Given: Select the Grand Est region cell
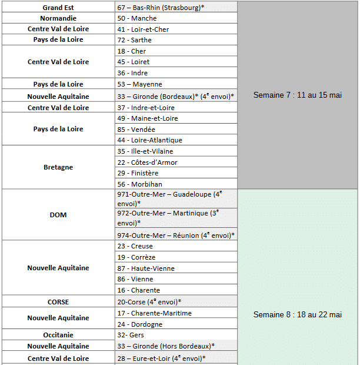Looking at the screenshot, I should pos(58,7).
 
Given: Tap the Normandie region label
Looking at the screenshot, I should pos(58,18).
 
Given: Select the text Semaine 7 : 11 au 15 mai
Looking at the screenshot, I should pos(297,95).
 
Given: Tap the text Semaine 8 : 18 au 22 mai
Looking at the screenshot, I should pos(297,315).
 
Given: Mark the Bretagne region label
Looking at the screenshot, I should pos(58,167).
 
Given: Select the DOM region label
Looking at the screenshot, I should pos(58,215).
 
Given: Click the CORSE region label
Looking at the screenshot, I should pos(58,302).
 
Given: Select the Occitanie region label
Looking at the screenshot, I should pos(58,334).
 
